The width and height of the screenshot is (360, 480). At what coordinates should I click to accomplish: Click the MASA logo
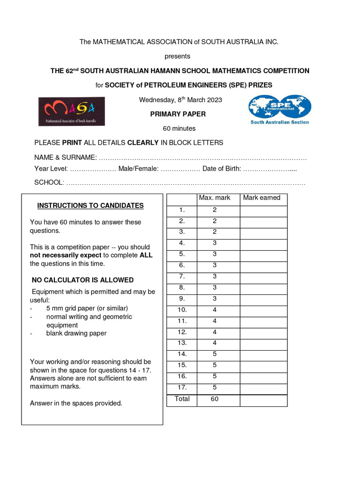click(71, 111)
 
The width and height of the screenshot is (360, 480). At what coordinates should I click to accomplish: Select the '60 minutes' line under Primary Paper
click(179, 128)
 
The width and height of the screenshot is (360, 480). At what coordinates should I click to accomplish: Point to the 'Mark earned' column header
click(262, 198)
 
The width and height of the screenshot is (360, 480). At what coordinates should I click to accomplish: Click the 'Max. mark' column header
click(215, 198)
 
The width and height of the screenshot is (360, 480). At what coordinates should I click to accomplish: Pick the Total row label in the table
click(182, 399)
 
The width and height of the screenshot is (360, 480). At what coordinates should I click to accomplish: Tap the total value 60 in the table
click(215, 399)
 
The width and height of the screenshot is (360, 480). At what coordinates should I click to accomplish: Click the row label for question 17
click(182, 387)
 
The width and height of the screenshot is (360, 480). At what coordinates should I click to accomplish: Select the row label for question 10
click(182, 309)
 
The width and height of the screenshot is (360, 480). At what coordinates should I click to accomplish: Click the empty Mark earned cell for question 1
click(263, 210)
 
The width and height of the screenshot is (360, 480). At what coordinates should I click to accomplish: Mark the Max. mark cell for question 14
click(215, 354)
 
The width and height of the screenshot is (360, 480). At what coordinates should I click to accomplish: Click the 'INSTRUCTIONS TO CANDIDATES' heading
click(90, 206)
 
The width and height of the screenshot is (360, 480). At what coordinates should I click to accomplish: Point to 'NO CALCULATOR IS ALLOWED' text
click(82, 280)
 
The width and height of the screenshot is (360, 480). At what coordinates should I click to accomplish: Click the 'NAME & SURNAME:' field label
click(66, 157)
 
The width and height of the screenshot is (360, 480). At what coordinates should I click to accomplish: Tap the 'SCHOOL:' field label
click(49, 182)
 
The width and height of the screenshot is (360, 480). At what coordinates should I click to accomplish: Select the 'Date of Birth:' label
click(222, 169)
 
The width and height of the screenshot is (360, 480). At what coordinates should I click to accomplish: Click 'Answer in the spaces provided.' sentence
click(76, 403)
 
